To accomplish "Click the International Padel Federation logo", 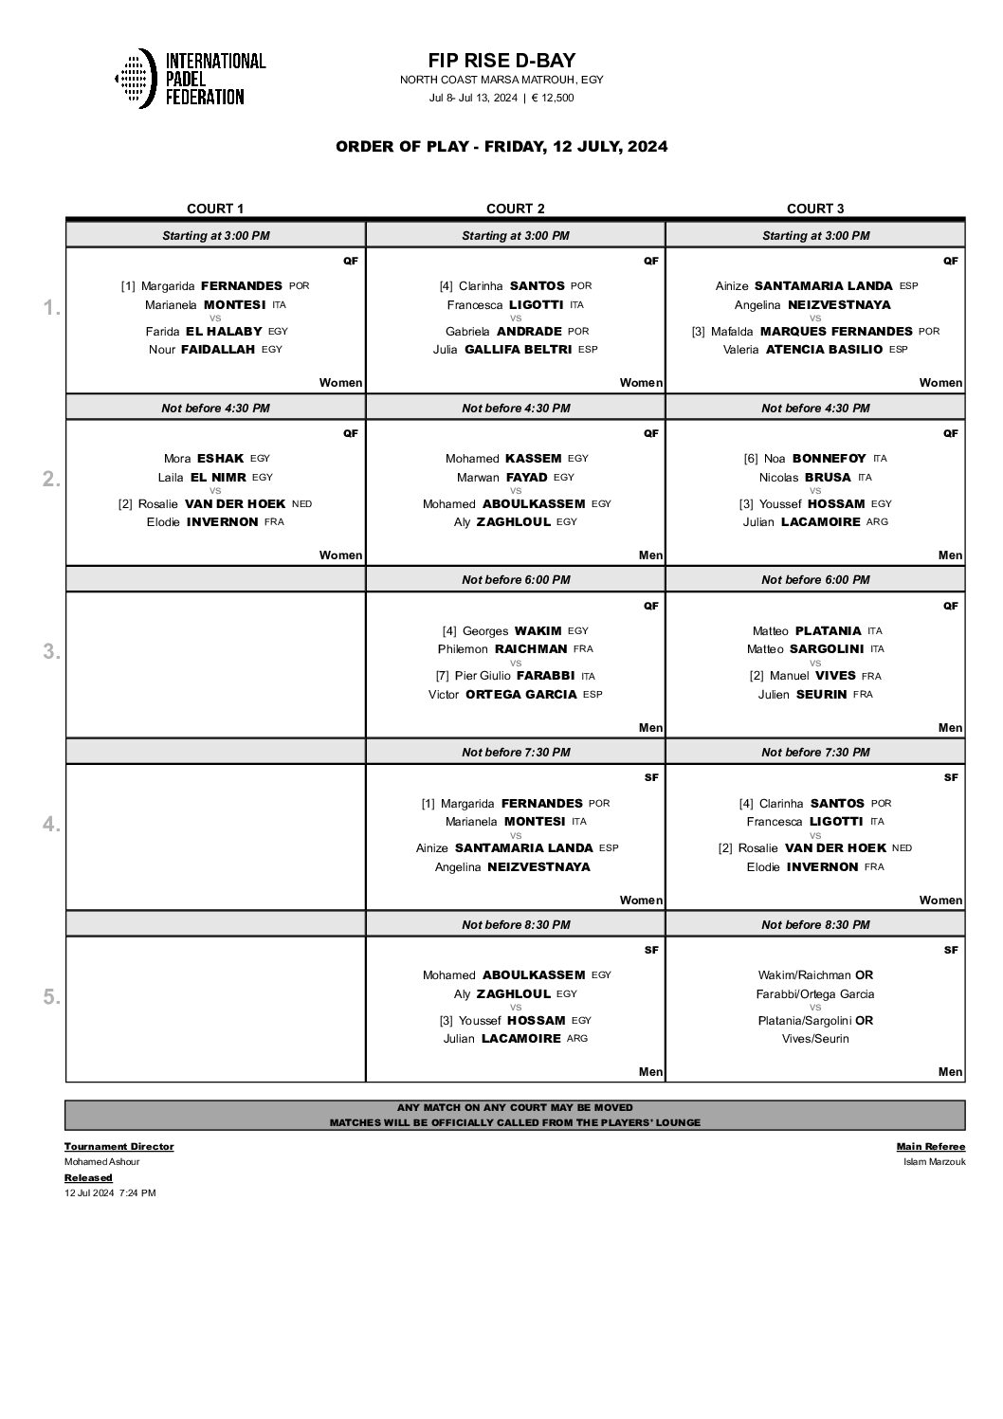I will click(190, 78).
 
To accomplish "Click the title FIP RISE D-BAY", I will click(501, 61).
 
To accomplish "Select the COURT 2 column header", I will click(516, 209).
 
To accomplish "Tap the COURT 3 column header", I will click(815, 209).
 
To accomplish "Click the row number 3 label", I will click(51, 652).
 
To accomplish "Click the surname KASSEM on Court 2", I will click(534, 458).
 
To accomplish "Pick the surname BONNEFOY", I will click(829, 458).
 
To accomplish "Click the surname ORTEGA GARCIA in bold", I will click(520, 694).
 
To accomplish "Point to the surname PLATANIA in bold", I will click(828, 630).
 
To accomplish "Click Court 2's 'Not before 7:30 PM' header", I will click(516, 752).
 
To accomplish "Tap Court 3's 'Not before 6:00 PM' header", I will click(815, 579).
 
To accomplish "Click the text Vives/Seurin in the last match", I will click(815, 1039).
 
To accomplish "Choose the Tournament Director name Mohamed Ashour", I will click(101, 1161).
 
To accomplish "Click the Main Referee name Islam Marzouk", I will click(935, 1161).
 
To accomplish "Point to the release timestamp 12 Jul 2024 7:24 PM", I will click(110, 1192).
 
